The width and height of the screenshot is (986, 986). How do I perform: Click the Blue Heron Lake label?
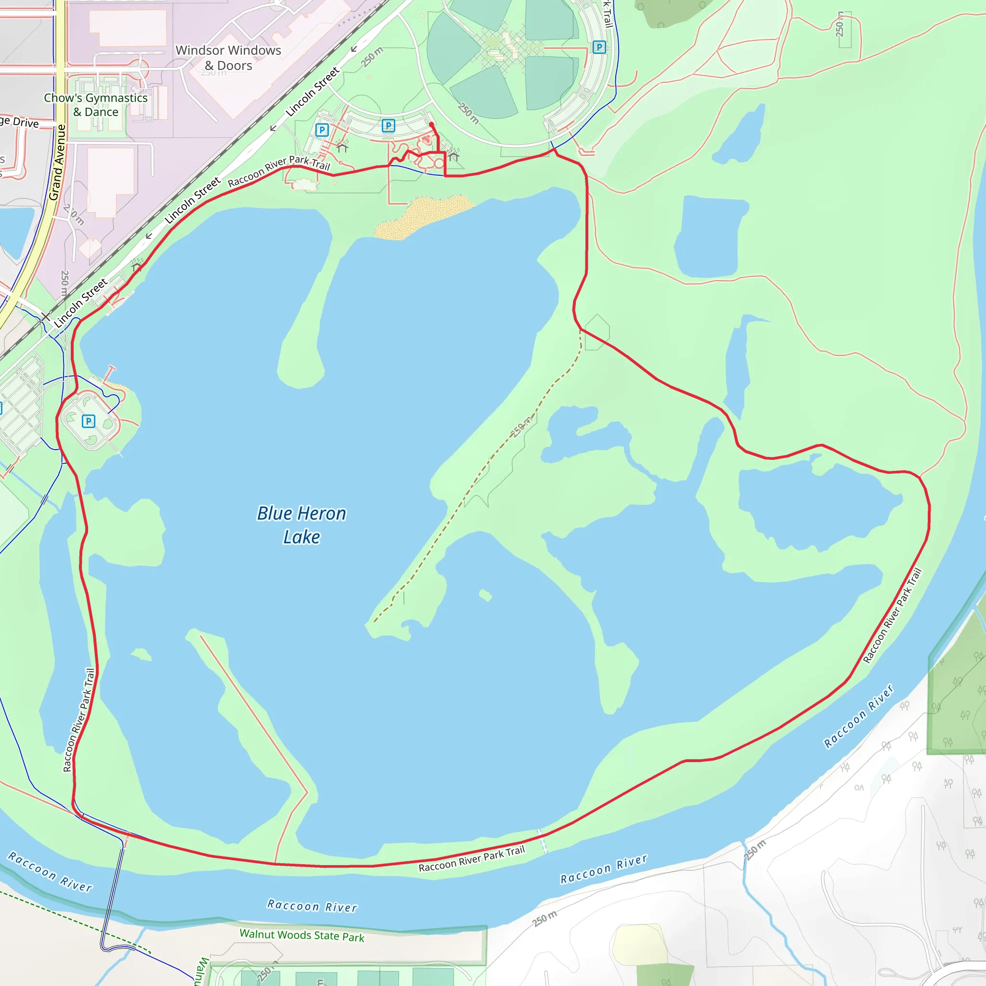[x=301, y=525]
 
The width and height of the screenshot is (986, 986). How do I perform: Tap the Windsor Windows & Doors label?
[x=228, y=58]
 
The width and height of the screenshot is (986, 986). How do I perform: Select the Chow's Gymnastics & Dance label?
[x=95, y=104]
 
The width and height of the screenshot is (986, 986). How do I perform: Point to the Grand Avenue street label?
[x=57, y=162]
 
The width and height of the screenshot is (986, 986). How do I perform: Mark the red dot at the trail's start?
[x=431, y=125]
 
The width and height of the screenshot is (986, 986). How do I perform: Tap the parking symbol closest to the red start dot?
[x=389, y=126]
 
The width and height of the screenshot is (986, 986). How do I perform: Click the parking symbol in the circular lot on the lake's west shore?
[x=88, y=421]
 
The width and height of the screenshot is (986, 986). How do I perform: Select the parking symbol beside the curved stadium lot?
[x=599, y=48]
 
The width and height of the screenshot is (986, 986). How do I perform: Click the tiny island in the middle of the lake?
[x=485, y=595]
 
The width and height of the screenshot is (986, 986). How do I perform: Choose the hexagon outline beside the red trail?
[x=597, y=332]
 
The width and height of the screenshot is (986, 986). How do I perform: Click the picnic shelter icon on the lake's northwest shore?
[x=136, y=265]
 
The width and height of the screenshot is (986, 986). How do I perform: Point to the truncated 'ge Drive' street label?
[x=19, y=122]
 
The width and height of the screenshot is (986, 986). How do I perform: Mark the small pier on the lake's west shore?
[x=110, y=373]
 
